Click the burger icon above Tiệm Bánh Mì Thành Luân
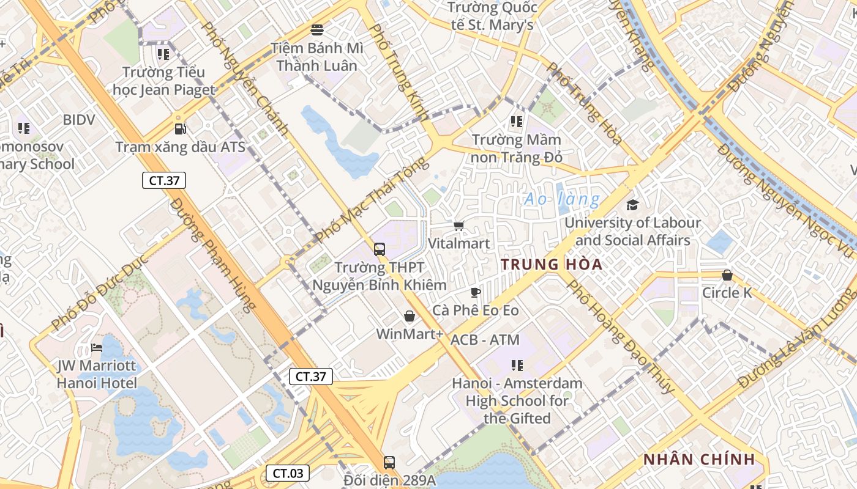[317, 29]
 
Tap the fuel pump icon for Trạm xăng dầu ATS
[180, 128]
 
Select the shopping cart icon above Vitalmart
[458, 226]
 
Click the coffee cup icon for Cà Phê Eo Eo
[476, 292]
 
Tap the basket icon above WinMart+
[409, 316]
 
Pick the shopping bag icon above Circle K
[727, 275]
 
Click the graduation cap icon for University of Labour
[632, 205]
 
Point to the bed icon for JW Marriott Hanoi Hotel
[97, 348]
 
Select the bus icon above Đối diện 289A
[389, 462]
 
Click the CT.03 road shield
[288, 473]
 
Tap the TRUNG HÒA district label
[552, 265]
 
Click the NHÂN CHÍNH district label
[698, 460]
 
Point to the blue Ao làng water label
[562, 199]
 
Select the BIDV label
[79, 120]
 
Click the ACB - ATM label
[485, 340]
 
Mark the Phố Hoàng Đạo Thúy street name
[619, 337]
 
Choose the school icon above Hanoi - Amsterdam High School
[517, 366]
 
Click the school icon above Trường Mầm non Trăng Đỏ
[517, 122]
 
